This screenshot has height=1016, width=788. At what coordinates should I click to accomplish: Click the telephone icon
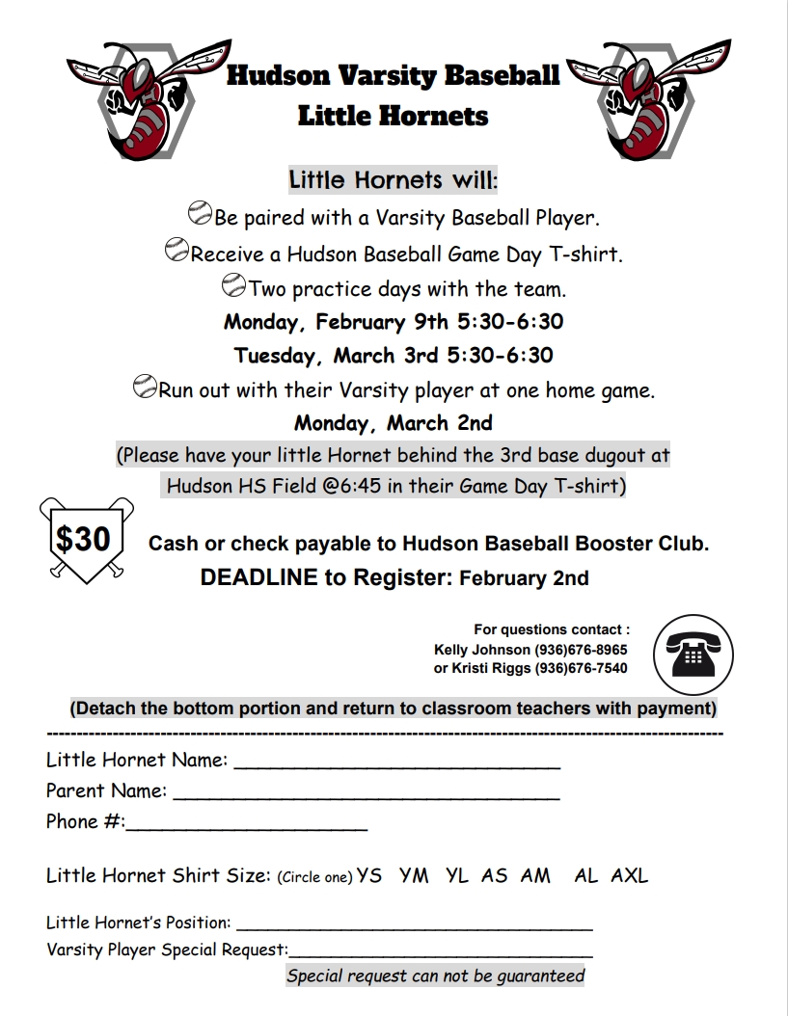pyautogui.click(x=693, y=653)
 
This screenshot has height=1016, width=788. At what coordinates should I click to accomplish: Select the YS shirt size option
pyautogui.click(x=369, y=875)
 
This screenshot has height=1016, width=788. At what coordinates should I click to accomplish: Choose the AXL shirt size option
pyautogui.click(x=630, y=875)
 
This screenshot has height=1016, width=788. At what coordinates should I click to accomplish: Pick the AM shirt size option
pyautogui.click(x=535, y=875)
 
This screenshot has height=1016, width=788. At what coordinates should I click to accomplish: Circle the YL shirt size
pyautogui.click(x=457, y=875)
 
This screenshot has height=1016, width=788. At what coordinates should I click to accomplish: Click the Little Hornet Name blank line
pyautogui.click(x=396, y=766)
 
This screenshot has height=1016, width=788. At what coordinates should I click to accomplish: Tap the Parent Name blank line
pyautogui.click(x=366, y=797)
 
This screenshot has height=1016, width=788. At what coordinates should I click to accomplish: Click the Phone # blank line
pyautogui.click(x=246, y=828)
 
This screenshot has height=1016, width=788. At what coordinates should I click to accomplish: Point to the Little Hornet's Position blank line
pyautogui.click(x=414, y=928)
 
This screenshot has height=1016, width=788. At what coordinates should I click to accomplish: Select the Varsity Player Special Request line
pyautogui.click(x=441, y=955)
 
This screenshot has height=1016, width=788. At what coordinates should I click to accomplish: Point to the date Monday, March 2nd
pyautogui.click(x=394, y=422)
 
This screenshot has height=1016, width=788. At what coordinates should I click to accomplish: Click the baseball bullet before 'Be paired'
pyautogui.click(x=200, y=212)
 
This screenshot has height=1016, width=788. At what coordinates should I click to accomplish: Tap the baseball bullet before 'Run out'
pyautogui.click(x=144, y=388)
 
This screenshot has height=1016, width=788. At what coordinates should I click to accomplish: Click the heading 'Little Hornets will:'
pyautogui.click(x=394, y=180)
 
